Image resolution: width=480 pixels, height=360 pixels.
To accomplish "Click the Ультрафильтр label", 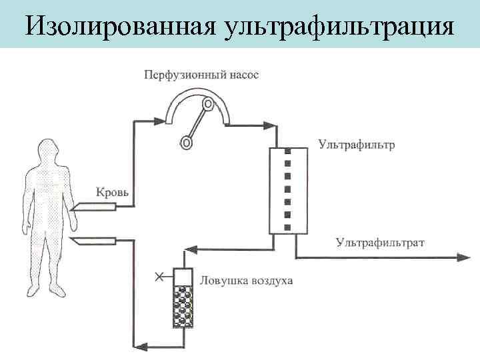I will coord(356,144).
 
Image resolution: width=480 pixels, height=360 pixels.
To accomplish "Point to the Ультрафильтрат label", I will coord(379,243).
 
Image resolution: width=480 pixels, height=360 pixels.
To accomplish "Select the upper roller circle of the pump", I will coord(209,104).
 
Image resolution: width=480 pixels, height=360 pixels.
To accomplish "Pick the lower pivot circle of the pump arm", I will coord(187,142).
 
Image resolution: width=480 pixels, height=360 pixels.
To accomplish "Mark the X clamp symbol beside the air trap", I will coord(159,275).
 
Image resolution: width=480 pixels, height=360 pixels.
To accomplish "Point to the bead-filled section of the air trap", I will coord(182,307).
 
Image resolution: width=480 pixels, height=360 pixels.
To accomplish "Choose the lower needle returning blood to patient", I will coord(93,241).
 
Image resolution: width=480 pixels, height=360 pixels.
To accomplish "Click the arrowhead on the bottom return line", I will coord(139,345).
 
